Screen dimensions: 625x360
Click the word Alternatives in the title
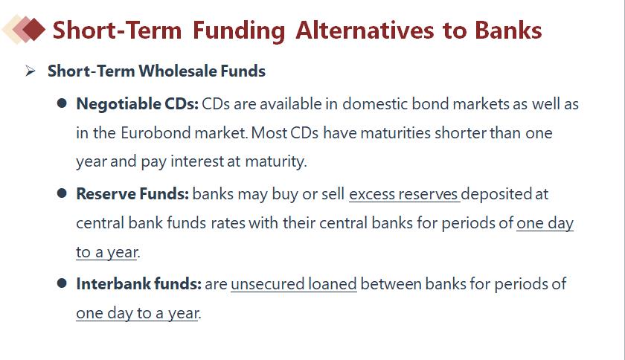[365, 30]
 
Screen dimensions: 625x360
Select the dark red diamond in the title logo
[34, 30]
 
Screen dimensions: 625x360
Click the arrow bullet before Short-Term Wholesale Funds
[31, 71]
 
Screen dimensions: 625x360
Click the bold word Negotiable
[119, 104]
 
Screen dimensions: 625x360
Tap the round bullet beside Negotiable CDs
[62, 103]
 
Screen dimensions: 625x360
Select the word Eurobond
[156, 132]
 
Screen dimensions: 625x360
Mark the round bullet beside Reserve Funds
[62, 193]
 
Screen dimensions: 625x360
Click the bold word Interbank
[114, 284]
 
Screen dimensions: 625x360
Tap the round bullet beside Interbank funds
[62, 283]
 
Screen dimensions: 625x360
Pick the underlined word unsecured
[267, 284]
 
